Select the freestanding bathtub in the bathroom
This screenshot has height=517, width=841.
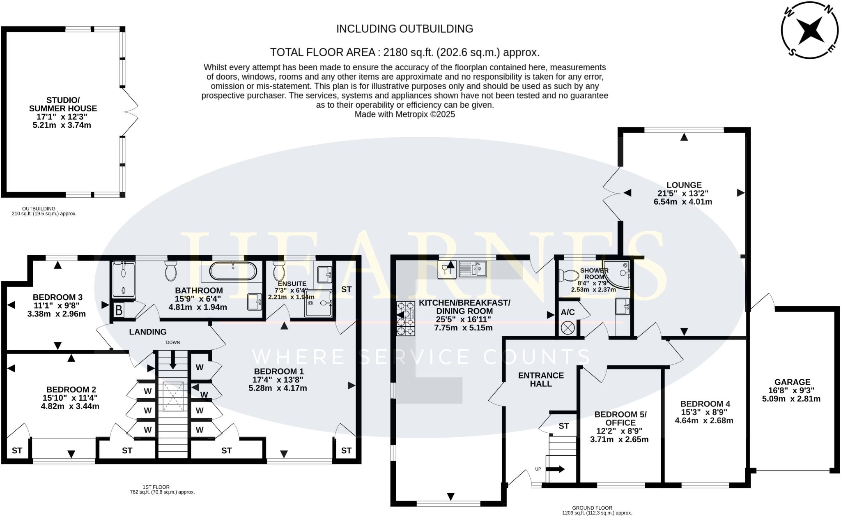tap(233, 271)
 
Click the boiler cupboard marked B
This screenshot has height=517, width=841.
tap(119, 310)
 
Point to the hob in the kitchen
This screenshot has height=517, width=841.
tap(405, 319)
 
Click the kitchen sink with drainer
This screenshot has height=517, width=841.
tap(473, 269)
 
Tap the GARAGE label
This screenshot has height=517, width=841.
tap(792, 382)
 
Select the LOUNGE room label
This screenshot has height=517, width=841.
tap(684, 185)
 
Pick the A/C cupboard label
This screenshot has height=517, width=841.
tap(568, 312)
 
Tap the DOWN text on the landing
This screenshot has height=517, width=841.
tap(173, 342)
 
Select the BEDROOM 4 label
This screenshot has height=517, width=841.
tap(705, 404)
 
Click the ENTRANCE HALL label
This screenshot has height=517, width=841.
tap(541, 380)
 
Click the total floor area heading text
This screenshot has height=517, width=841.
tap(404, 53)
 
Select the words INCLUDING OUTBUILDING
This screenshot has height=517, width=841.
tap(404, 29)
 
